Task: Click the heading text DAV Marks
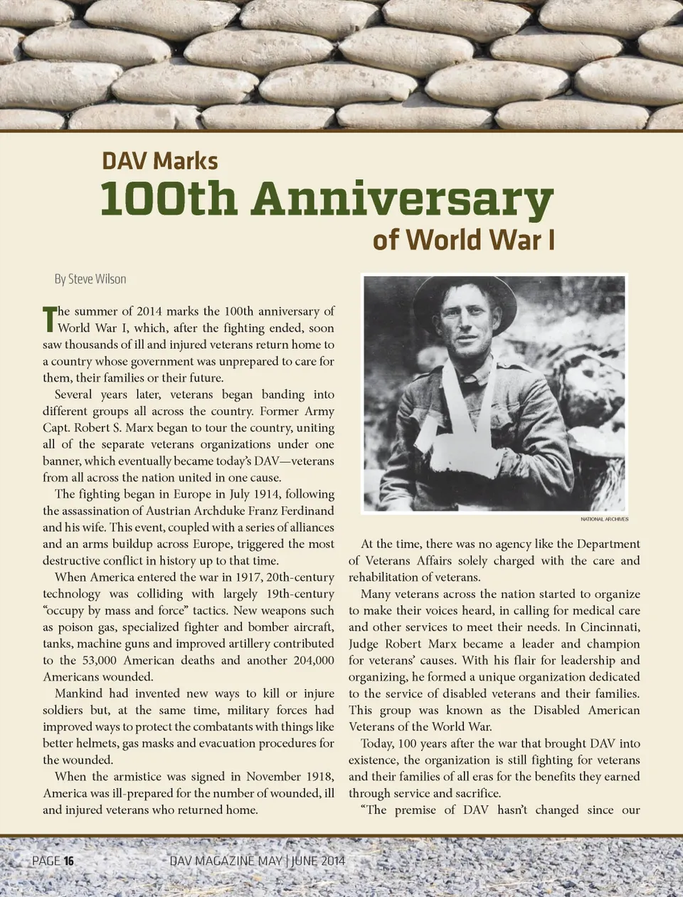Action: click(159, 161)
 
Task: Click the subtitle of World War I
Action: click(463, 240)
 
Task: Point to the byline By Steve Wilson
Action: click(90, 279)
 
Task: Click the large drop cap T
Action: click(49, 319)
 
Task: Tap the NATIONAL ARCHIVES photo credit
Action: click(604, 519)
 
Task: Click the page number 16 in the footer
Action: click(69, 861)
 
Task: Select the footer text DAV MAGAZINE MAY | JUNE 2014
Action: click(257, 861)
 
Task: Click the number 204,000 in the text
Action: click(313, 660)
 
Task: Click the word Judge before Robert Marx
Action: click(364, 644)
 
